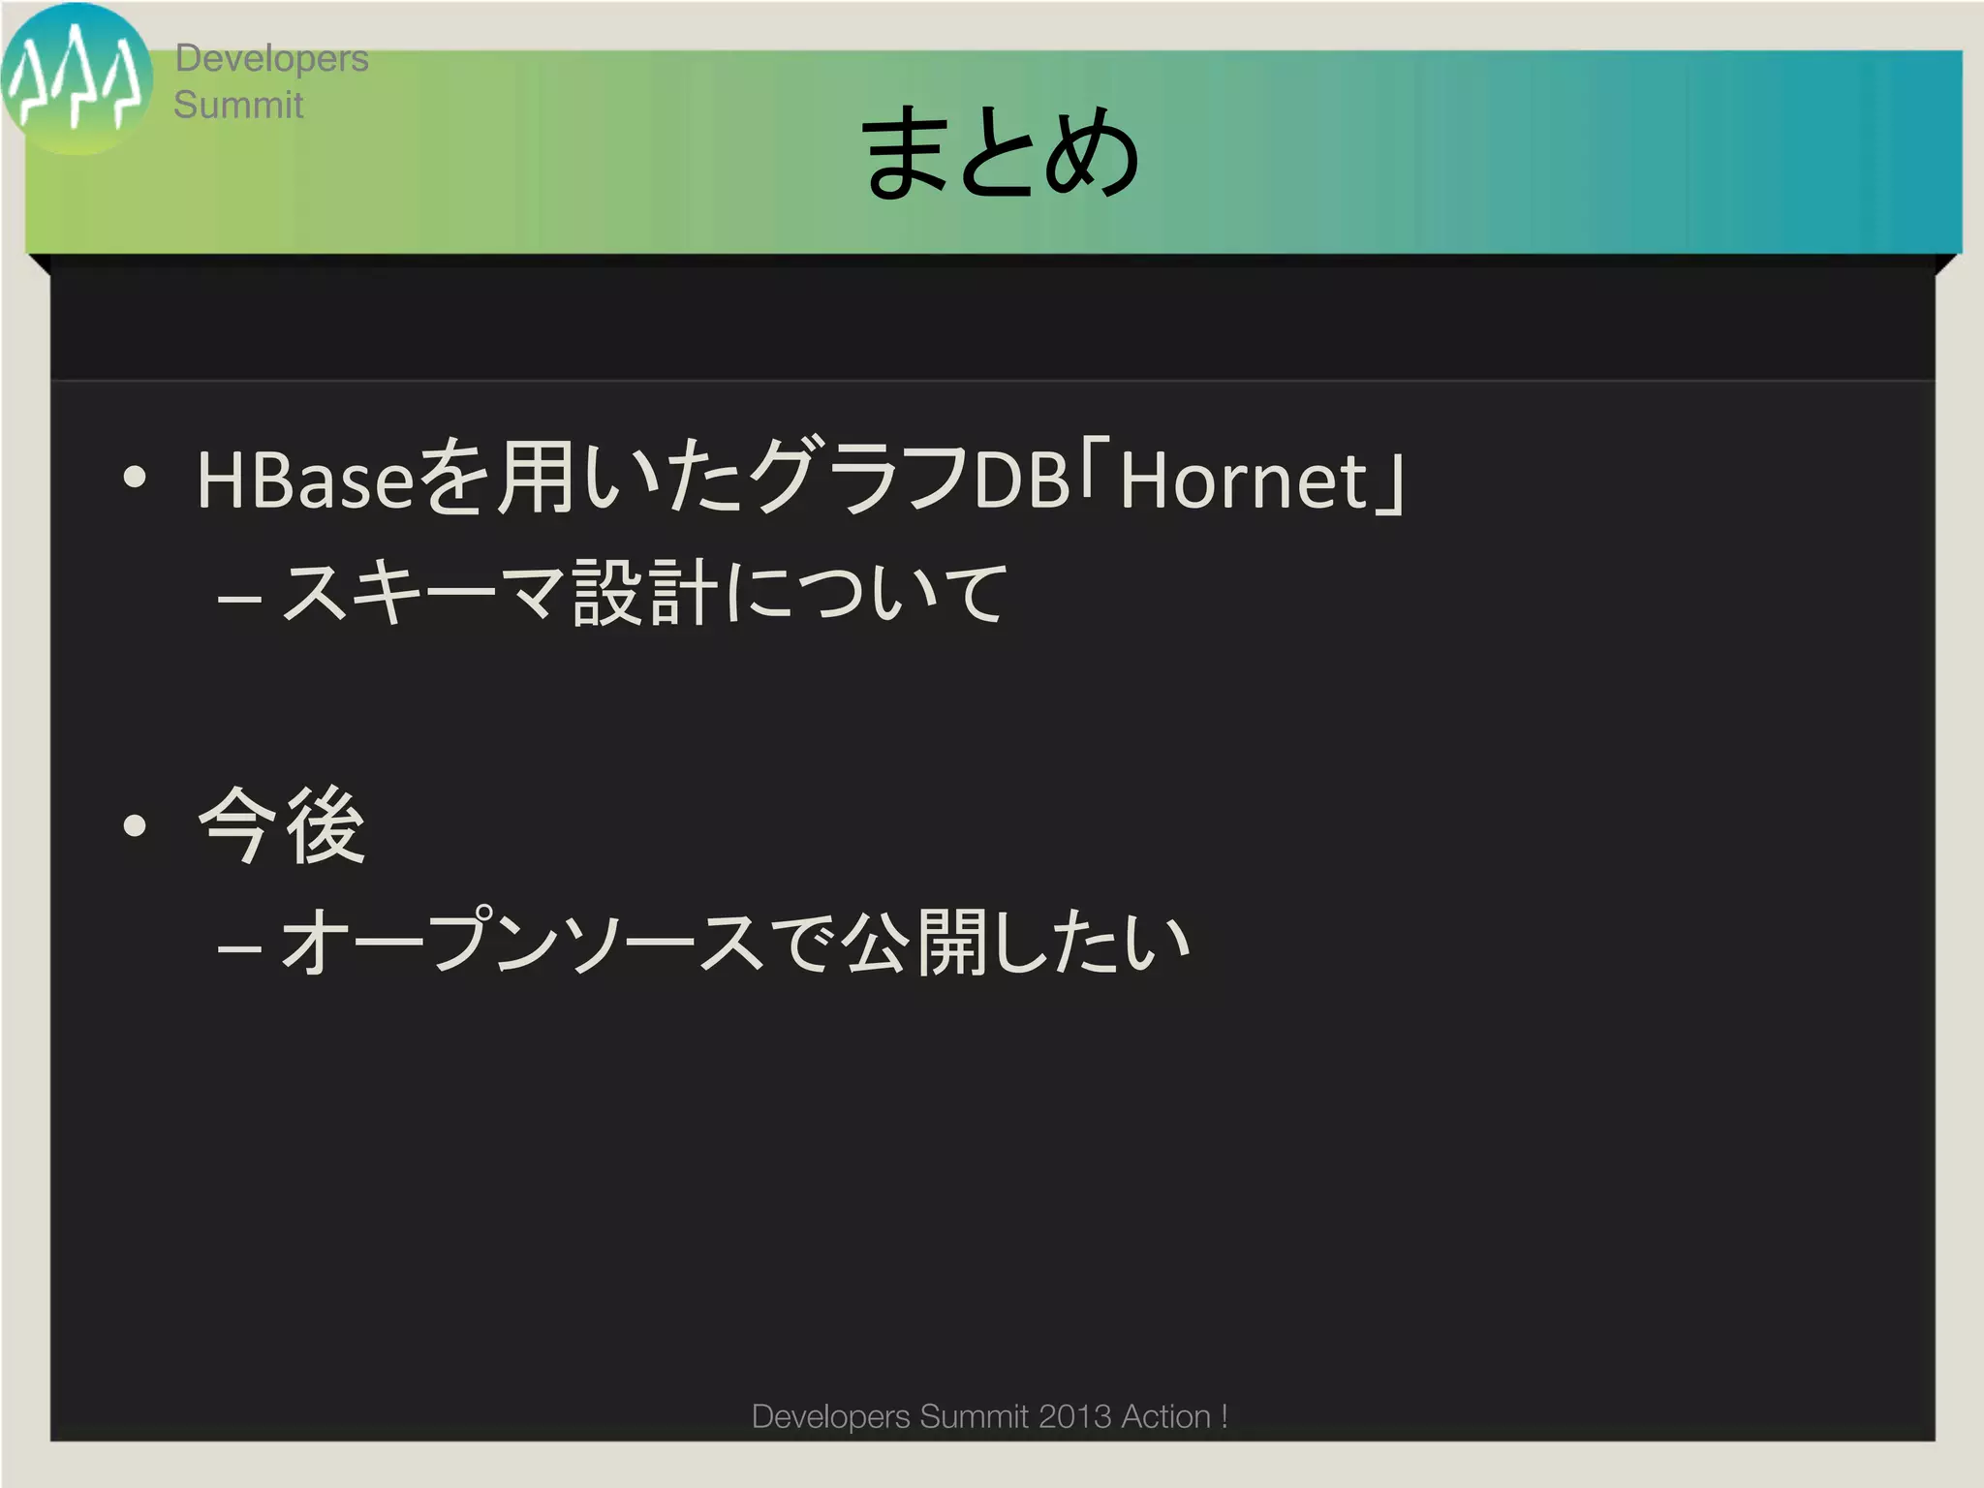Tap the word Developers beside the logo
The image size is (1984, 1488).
tap(271, 58)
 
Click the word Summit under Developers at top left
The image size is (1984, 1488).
tap(238, 105)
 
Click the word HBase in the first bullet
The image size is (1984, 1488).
tap(305, 480)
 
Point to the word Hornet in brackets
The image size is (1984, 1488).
tap(1243, 480)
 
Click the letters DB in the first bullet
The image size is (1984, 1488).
tap(1020, 480)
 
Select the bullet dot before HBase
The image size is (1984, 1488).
tap(135, 477)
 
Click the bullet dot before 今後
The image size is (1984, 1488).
tap(135, 825)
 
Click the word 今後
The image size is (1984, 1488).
tap(281, 825)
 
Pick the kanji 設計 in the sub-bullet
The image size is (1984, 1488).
tap(645, 593)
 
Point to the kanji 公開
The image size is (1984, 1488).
tap(914, 942)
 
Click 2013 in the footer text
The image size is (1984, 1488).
tap(1074, 1416)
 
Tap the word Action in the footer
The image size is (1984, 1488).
tap(1165, 1416)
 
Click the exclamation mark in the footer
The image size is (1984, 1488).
tap(1224, 1416)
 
